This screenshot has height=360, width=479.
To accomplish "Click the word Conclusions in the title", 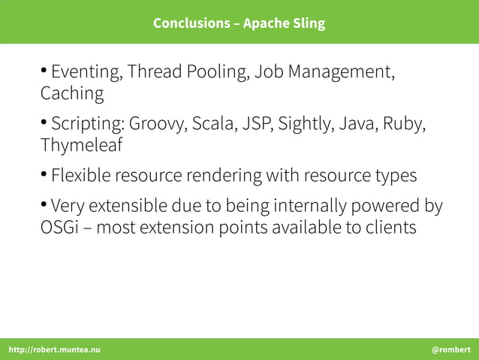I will pos(190,23).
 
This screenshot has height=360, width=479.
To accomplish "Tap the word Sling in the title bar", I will pos(309,23).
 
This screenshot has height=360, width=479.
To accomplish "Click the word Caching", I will pos(72,95).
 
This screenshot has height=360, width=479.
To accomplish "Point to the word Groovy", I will pos(158,124).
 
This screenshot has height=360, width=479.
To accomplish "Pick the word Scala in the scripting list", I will pos(213,124).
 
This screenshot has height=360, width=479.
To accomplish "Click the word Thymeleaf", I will pos(81,145).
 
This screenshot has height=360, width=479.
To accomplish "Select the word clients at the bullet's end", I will pos(389,227).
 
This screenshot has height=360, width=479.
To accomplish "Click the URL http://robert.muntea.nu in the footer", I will pos(53,350).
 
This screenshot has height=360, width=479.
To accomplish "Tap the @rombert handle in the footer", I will pos(451,350).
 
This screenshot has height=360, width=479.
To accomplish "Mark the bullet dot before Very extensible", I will pos(44,204).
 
